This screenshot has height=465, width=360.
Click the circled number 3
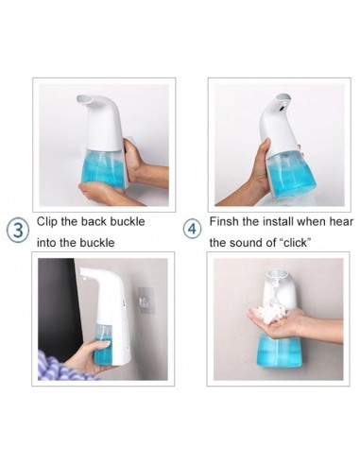19,231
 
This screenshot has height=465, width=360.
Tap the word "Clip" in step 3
47,221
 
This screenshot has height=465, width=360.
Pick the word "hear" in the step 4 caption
341,221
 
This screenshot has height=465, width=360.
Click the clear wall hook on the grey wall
146,300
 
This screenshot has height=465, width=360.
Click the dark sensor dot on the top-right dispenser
281,108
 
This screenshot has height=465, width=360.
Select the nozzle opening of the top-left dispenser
84,99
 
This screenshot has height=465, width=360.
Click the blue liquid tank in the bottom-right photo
279,351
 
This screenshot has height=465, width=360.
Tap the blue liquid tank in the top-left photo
103,168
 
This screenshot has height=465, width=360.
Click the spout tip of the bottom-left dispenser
84,273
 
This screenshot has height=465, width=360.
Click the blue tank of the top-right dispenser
291,173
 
